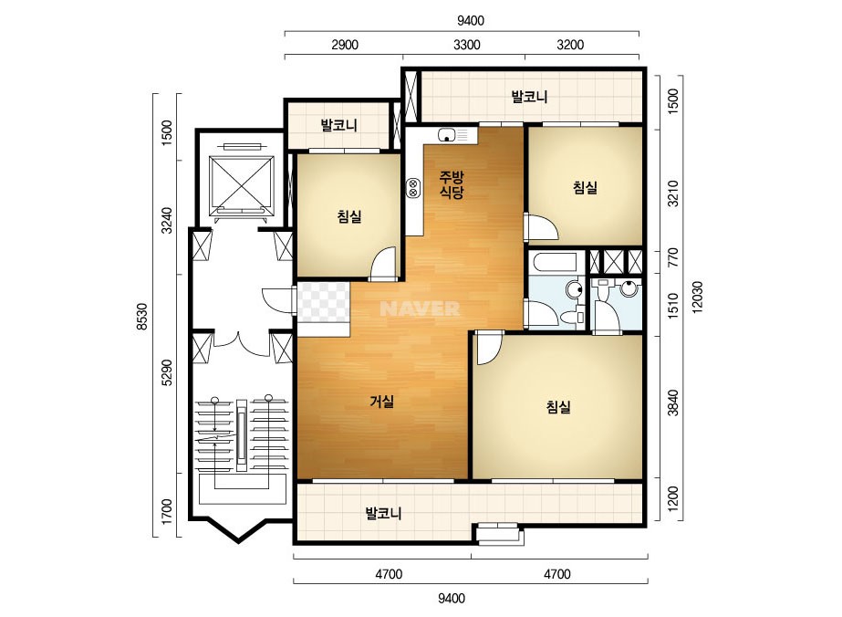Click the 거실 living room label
tap(382, 401)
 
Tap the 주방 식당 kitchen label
tap(451, 184)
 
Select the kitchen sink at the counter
tap(447, 135)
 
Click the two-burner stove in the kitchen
tap(413, 189)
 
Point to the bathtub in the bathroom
tap(553, 262)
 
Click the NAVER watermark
tap(420, 308)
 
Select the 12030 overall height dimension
tap(697, 297)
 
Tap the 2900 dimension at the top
tap(345, 45)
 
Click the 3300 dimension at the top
tap(467, 45)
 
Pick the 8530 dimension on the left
tap(141, 317)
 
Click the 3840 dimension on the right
tap(672, 403)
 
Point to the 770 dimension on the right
tap(672, 257)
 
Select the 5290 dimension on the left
tap(167, 372)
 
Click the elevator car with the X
tap(241, 182)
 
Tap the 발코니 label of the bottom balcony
tap(383, 513)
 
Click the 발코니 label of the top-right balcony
tap(529, 97)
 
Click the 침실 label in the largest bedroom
tap(558, 407)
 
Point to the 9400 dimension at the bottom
tap(452, 598)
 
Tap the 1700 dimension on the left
tap(167, 512)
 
